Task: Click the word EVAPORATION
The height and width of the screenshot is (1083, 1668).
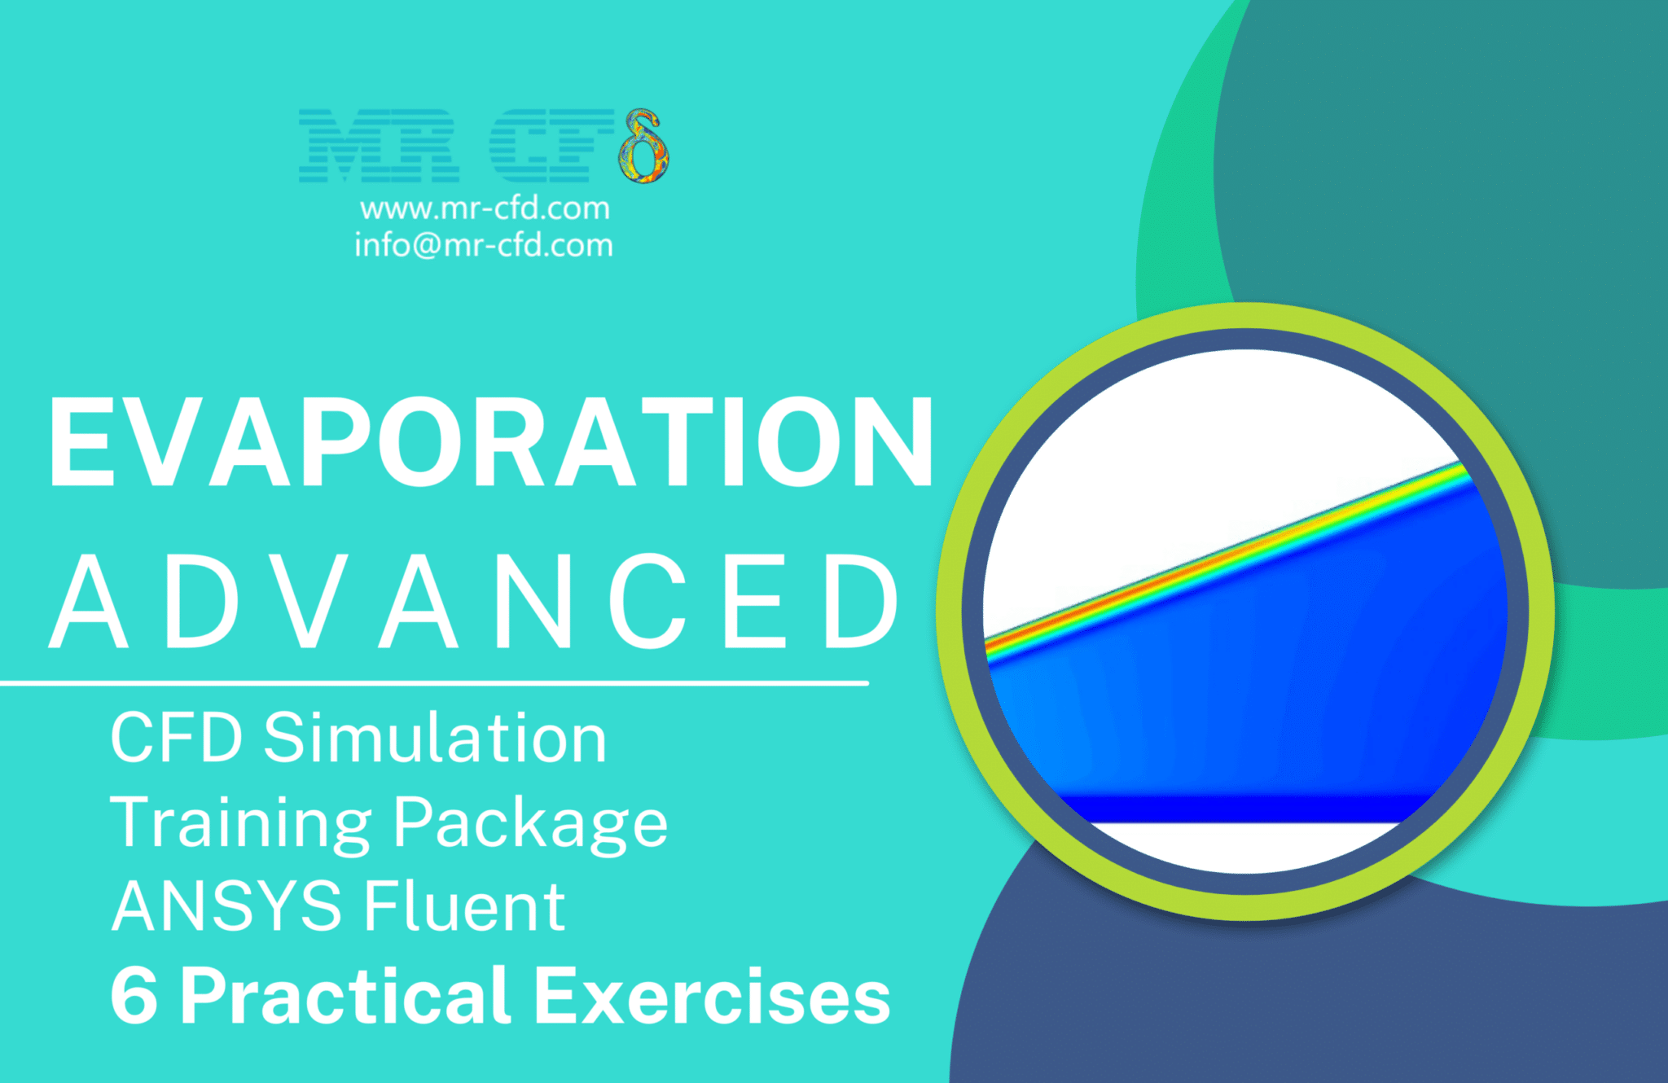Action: [491, 443]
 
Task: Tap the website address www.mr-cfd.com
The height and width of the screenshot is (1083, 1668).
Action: [485, 208]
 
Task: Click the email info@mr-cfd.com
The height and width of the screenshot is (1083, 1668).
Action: [484, 245]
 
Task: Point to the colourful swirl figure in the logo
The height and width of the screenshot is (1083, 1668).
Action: [643, 147]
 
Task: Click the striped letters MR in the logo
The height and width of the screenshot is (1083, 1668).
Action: [379, 146]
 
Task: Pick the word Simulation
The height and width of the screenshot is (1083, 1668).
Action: [435, 738]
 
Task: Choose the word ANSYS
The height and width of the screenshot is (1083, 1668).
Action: [226, 906]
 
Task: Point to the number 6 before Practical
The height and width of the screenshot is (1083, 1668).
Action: [134, 995]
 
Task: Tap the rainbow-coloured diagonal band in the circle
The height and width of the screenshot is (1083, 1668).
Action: [1222, 559]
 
